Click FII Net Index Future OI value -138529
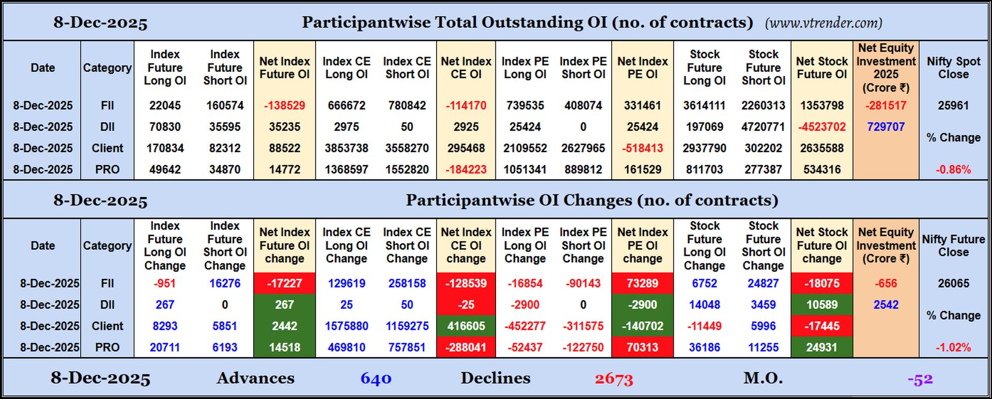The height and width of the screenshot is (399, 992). pyautogui.click(x=284, y=105)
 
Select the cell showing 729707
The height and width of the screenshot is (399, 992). pyautogui.click(x=886, y=126)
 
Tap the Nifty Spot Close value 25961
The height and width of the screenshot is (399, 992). pyautogui.click(x=953, y=105)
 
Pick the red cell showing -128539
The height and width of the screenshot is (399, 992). pyautogui.click(x=466, y=283)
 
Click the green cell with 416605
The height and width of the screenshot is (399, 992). pyautogui.click(x=466, y=326)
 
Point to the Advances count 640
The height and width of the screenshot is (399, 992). pyautogui.click(x=376, y=379)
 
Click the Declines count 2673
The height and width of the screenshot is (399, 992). pyautogui.click(x=614, y=379)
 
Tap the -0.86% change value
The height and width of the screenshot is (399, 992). pyautogui.click(x=953, y=169)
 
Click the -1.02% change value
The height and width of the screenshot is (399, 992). pyautogui.click(x=953, y=347)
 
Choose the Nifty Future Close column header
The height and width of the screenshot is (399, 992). pyautogui.click(x=953, y=246)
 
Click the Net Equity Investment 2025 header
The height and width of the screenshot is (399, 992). pyautogui.click(x=886, y=68)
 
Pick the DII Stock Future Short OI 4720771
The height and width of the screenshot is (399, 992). pyautogui.click(x=763, y=126)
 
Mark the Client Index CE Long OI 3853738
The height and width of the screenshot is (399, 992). pyautogui.click(x=346, y=148)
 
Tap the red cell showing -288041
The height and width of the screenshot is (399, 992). pyautogui.click(x=466, y=347)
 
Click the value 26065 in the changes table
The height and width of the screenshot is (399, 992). pyautogui.click(x=953, y=283)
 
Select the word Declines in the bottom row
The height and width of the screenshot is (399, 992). pyautogui.click(x=495, y=378)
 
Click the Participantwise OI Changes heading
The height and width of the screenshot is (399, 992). pyautogui.click(x=592, y=200)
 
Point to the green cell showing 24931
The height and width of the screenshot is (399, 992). pyautogui.click(x=822, y=347)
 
